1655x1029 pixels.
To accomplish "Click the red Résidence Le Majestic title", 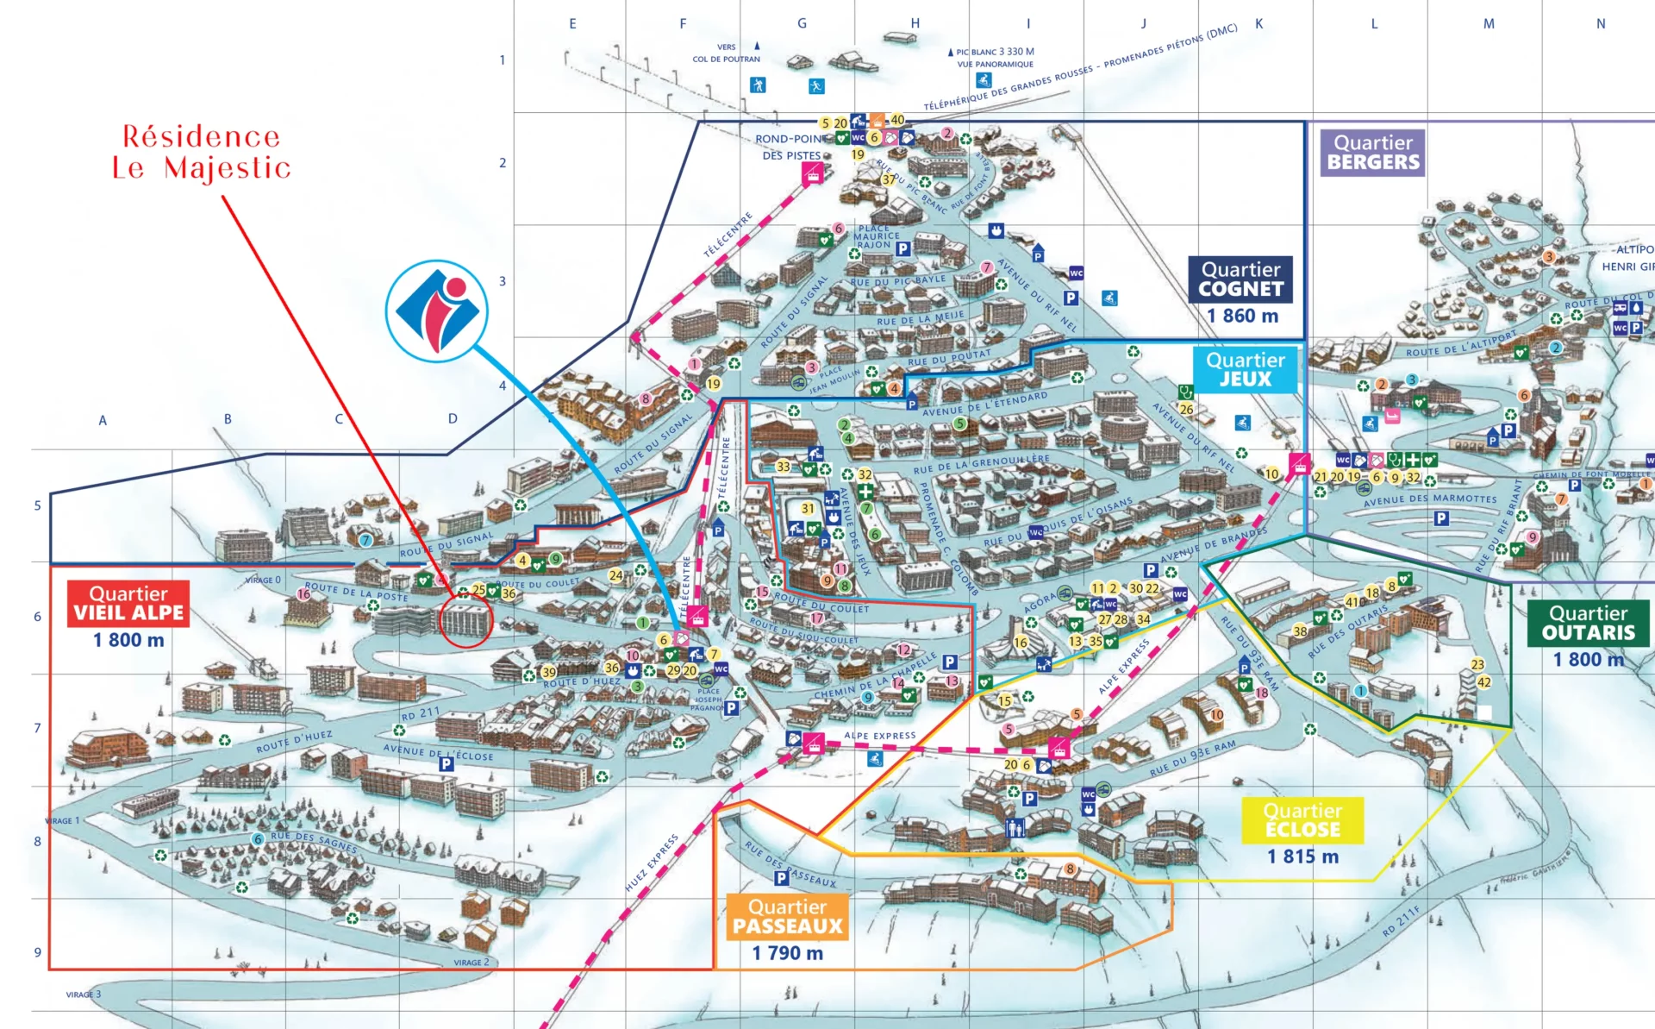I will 202,152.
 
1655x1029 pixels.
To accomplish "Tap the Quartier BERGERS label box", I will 1372,153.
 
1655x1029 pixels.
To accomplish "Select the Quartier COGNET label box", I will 1240,279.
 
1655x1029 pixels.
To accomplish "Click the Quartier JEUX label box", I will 1245,369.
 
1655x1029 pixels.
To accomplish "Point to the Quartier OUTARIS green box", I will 1588,623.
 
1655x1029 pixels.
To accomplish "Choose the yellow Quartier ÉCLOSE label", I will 1302,819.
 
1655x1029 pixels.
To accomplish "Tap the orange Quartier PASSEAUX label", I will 787,916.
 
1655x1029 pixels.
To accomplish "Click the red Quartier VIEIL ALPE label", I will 128,603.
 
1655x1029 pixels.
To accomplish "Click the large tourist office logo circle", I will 437,311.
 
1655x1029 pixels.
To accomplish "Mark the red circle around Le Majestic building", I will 465,620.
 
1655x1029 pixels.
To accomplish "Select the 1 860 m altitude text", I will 1242,316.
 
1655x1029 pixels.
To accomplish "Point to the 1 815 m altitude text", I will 1302,856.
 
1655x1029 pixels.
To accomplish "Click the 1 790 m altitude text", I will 787,953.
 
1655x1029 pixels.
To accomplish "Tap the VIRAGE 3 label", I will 84,994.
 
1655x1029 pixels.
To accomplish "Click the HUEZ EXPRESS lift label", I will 652,863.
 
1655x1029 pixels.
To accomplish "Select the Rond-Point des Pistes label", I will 791,147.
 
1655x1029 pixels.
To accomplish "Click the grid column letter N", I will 1601,24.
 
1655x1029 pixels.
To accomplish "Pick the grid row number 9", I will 37,952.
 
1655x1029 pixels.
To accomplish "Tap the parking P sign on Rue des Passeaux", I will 781,878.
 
